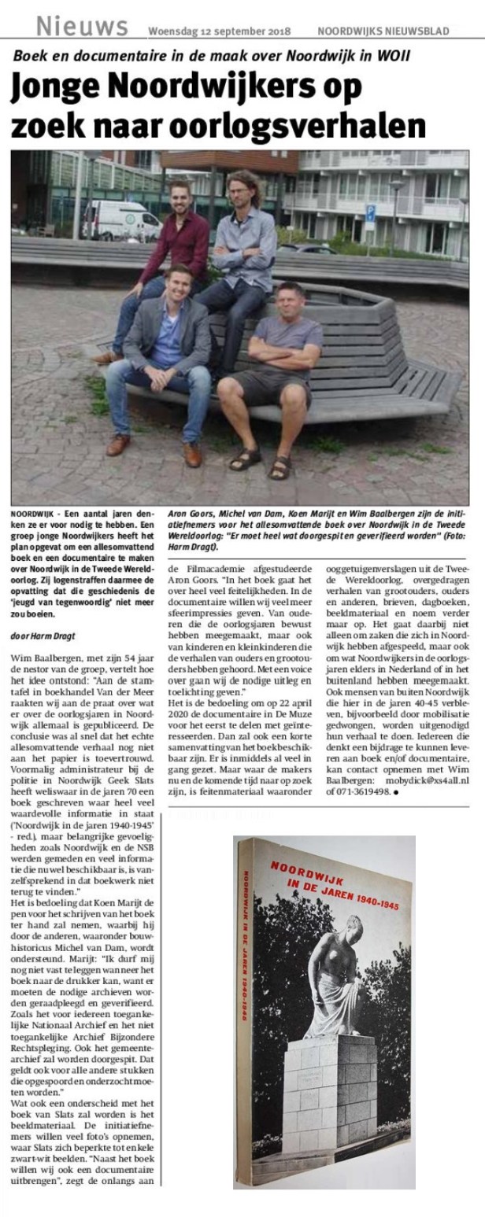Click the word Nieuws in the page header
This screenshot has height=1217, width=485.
click(x=81, y=27)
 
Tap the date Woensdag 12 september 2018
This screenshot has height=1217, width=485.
click(x=220, y=31)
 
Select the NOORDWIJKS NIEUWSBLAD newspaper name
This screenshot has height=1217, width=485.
click(x=383, y=31)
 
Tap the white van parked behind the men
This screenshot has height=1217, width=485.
click(x=122, y=219)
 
